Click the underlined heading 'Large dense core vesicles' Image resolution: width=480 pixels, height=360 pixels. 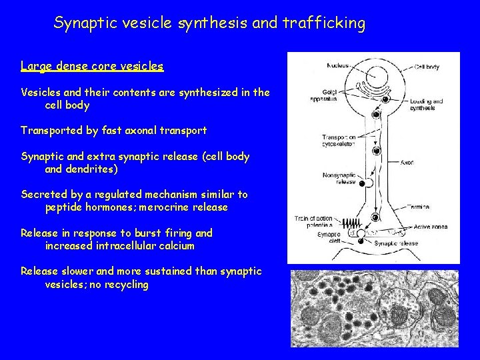pos(92,66)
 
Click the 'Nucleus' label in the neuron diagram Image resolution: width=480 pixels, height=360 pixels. pos(339,65)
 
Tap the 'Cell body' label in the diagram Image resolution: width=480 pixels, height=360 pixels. pos(426,67)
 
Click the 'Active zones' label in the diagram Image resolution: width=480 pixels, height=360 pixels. pos(429,227)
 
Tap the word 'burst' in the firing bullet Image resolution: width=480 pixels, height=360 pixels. pos(143,233)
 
